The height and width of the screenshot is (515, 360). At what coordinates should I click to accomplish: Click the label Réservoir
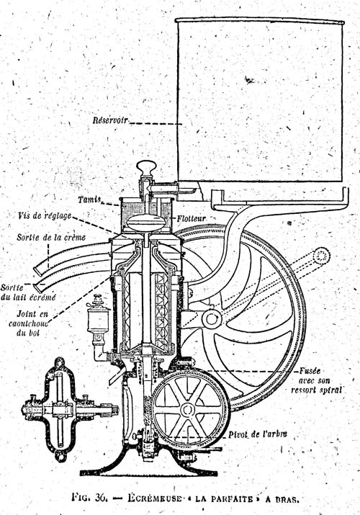click(110, 120)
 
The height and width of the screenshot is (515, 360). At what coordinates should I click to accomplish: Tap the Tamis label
click(89, 200)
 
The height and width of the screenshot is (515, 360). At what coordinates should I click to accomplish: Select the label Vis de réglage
click(45, 216)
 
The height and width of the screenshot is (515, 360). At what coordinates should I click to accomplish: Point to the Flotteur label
click(192, 218)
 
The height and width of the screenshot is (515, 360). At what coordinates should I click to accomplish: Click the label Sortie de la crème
click(51, 237)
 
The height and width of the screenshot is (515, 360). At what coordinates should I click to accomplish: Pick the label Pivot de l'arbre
click(258, 434)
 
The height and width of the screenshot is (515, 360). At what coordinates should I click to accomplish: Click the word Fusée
click(310, 371)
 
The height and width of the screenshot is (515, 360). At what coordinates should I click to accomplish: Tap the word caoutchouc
click(28, 323)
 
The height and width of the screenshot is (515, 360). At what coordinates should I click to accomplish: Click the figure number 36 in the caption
click(101, 497)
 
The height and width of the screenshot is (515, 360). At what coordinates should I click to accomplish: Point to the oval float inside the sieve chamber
click(145, 223)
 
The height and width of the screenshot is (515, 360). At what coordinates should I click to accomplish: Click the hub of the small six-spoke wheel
click(187, 410)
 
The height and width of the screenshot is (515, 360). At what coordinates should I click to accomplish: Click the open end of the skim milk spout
click(38, 288)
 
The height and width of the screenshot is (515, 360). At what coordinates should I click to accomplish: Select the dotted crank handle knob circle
click(321, 256)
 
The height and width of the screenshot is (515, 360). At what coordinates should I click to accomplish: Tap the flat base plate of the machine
click(148, 473)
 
